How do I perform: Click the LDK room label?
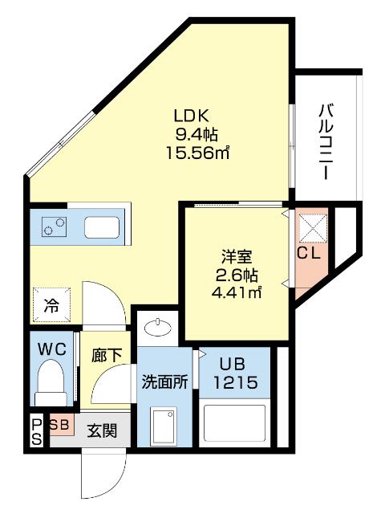click(x=191, y=116)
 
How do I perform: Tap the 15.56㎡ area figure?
click(x=197, y=153)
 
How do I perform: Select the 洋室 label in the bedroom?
click(x=237, y=257)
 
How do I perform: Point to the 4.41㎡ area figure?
click(x=237, y=292)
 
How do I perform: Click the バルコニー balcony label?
click(x=326, y=141)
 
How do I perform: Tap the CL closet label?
click(x=309, y=253)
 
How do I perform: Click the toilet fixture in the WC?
click(x=51, y=382)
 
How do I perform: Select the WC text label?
click(x=52, y=349)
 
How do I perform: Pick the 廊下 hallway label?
click(x=107, y=355)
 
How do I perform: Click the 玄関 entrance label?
click(x=102, y=430)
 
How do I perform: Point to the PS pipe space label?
click(x=37, y=432)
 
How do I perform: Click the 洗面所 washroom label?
click(x=164, y=382)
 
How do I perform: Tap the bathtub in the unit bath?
click(x=234, y=423)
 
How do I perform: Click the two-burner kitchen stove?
click(x=54, y=226)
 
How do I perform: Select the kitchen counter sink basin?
click(x=102, y=227)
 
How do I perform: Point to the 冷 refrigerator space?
click(x=51, y=304)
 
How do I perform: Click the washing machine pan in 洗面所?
click(x=164, y=424)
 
